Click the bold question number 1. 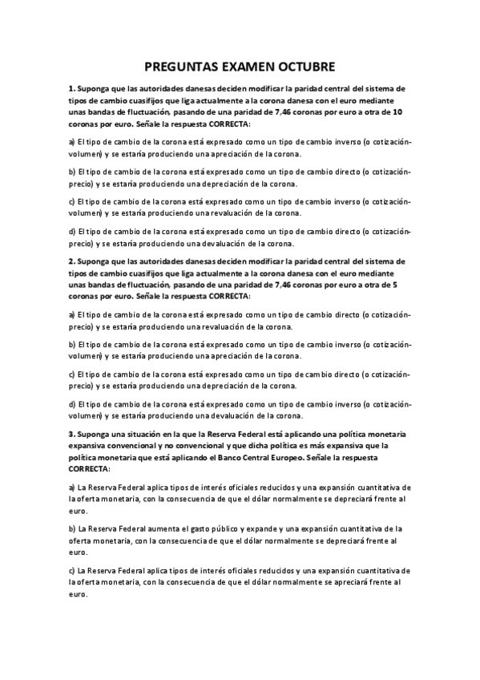[x=71, y=88]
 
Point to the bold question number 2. [x=71, y=261]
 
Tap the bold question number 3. [x=71, y=434]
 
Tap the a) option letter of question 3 [x=72, y=487]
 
